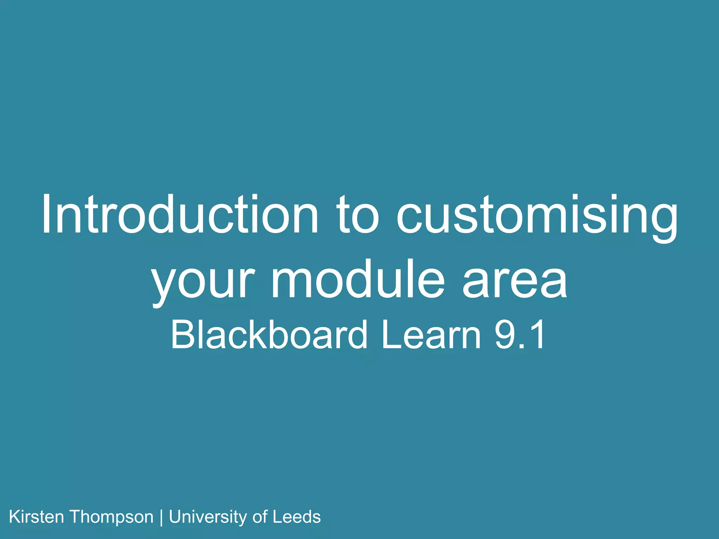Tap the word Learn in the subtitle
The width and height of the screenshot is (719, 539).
[x=431, y=335]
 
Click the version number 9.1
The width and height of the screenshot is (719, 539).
[x=520, y=335]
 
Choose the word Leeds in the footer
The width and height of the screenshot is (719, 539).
[x=297, y=517]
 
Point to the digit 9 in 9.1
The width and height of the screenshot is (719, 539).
[x=505, y=335]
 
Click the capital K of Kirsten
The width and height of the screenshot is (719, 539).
[x=14, y=517]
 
